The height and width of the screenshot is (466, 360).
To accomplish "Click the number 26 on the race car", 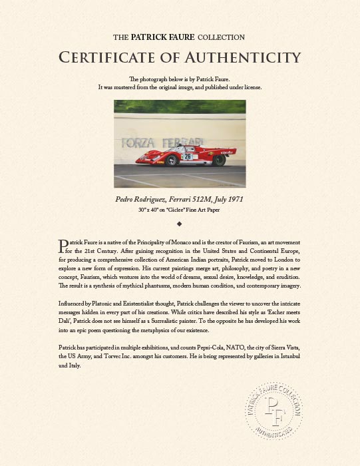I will [188, 156].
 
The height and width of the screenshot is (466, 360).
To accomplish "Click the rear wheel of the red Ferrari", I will [219, 160].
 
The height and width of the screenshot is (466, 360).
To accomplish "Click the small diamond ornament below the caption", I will [180, 223].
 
